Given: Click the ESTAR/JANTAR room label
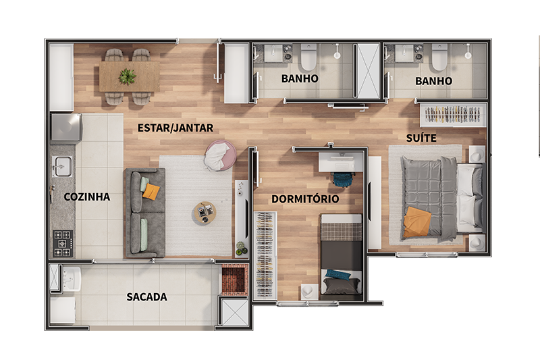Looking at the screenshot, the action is pyautogui.click(x=175, y=128).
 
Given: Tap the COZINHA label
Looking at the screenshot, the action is pyautogui.click(x=87, y=197).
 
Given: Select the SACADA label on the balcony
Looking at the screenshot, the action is pyautogui.click(x=146, y=297).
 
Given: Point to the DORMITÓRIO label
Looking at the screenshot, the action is pyautogui.click(x=305, y=199).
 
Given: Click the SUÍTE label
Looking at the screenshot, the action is pyautogui.click(x=421, y=138).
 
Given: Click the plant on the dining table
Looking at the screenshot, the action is pyautogui.click(x=127, y=76).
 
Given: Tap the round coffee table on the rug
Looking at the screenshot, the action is pyautogui.click(x=204, y=213).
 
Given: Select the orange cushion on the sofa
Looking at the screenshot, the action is pyautogui.click(x=151, y=191).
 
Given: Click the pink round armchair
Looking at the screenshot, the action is pyautogui.click(x=221, y=156).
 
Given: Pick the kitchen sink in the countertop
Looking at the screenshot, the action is pyautogui.click(x=62, y=166).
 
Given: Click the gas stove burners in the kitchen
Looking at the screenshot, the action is pyautogui.click(x=63, y=244).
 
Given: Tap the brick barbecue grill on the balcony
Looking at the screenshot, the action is pyautogui.click(x=234, y=280).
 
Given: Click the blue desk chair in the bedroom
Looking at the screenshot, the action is pyautogui.click(x=344, y=179).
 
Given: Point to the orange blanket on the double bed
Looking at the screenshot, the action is pyautogui.click(x=417, y=222).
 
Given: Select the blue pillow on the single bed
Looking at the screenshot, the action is pyautogui.click(x=338, y=275).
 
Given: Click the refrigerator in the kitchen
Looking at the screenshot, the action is pyautogui.click(x=66, y=128).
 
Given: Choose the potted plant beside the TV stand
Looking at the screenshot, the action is pyautogui.click(x=242, y=248).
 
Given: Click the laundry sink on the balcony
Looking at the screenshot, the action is pyautogui.click(x=72, y=278).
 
